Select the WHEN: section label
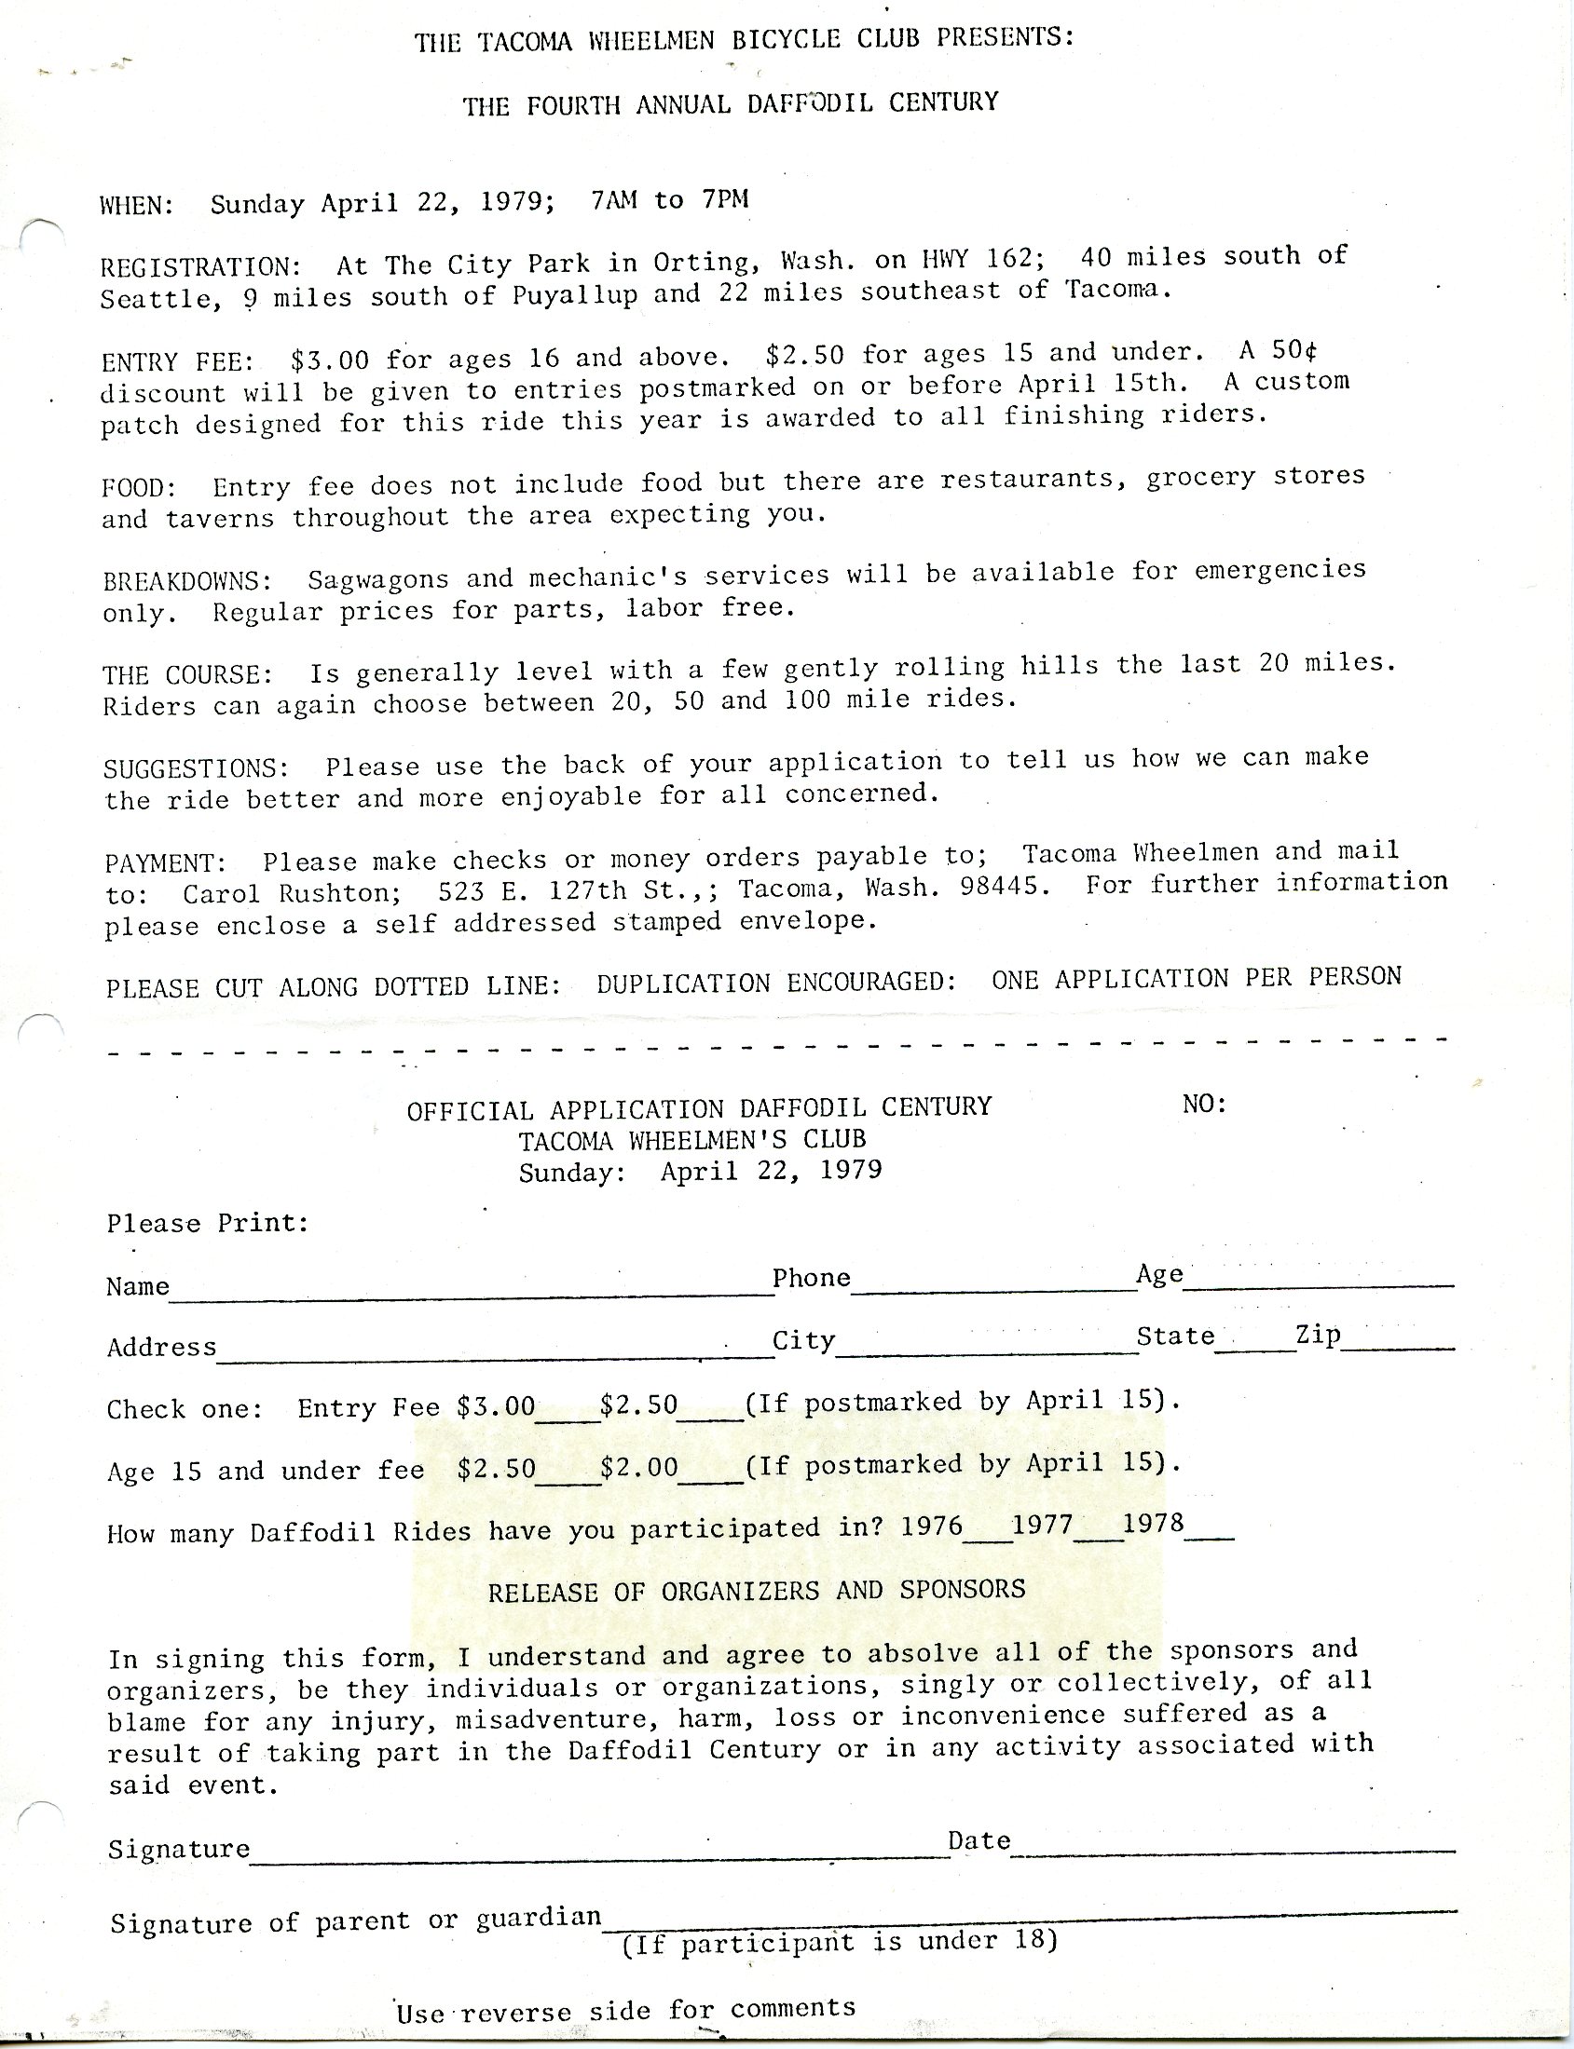(137, 205)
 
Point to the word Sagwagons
(378, 578)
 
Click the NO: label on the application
(1204, 1104)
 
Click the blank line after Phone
(993, 1288)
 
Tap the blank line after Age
(1319, 1283)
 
